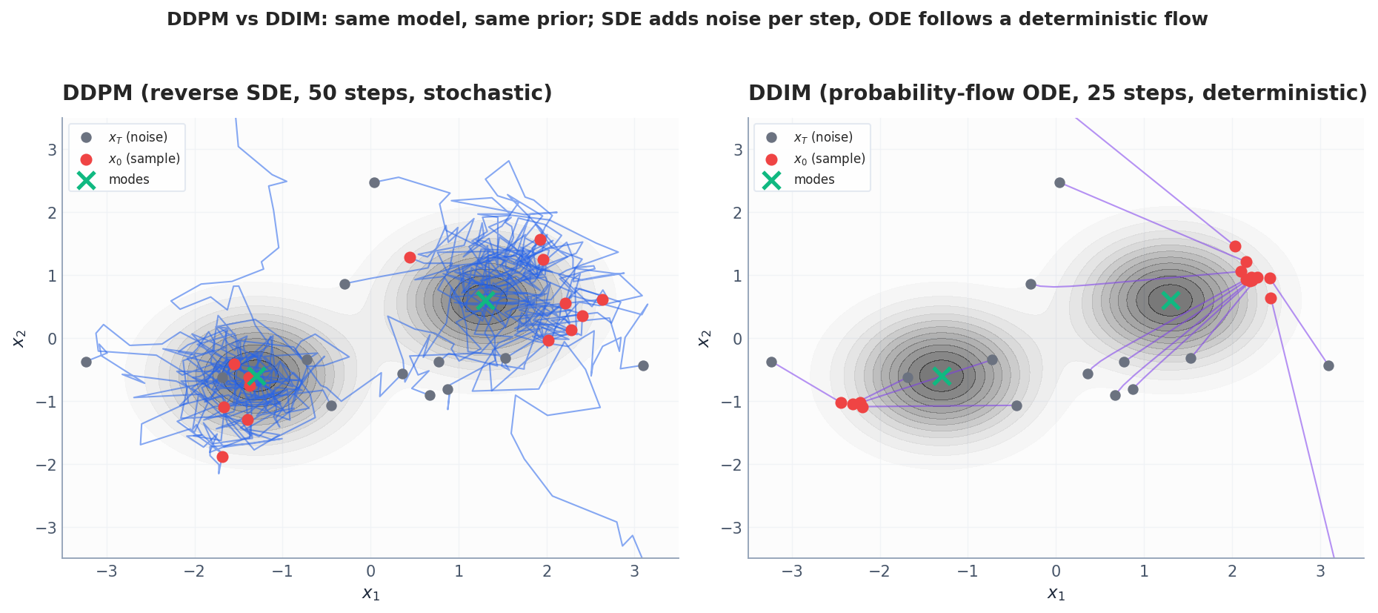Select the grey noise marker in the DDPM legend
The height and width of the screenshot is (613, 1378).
86,138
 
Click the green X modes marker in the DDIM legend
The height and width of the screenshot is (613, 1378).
771,180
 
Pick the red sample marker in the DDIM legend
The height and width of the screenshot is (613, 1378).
771,159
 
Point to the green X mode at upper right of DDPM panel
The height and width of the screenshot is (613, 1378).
485,300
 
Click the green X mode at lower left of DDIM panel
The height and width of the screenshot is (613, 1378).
941,376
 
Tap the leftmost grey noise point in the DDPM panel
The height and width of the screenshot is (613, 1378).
86,362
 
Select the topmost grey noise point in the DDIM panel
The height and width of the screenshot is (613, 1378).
1059,182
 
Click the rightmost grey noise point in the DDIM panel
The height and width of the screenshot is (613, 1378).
1328,365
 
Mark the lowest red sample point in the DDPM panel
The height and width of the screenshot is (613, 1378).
222,457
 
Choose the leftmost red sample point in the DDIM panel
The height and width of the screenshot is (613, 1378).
841,402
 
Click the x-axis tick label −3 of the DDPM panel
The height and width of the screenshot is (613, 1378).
107,571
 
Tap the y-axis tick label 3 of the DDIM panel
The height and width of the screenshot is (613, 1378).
738,150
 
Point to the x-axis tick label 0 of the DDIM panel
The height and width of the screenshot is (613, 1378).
1056,571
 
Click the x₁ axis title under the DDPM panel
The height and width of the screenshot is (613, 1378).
370,593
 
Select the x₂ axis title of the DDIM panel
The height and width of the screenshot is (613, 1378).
705,338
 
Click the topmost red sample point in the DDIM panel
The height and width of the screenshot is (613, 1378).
1235,246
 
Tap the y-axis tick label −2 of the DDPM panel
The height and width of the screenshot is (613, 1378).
47,465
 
